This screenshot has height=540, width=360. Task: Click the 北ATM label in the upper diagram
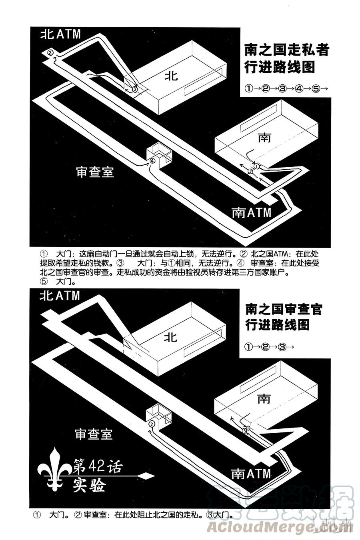(x=60, y=34)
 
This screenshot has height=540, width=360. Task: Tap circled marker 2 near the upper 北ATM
(x=50, y=52)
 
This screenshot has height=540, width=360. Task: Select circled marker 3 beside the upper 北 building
(x=135, y=90)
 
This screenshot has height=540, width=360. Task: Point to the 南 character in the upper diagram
(x=264, y=138)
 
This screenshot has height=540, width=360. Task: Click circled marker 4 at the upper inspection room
(x=152, y=161)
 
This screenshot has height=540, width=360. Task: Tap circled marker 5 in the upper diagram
(x=250, y=172)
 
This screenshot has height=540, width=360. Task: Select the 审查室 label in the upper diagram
(x=95, y=172)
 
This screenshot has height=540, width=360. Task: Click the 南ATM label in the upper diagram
(x=252, y=212)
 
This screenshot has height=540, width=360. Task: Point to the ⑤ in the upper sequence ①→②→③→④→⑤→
(x=315, y=89)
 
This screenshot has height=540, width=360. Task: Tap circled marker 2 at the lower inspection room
(x=151, y=424)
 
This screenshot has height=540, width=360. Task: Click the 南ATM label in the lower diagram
(x=251, y=474)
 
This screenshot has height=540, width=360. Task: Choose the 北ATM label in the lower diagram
(x=60, y=296)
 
